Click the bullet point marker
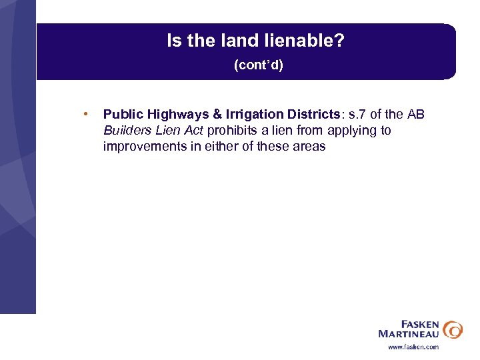click(85, 114)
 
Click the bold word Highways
click(173, 115)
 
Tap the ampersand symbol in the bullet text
click(216, 115)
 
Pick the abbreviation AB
click(415, 115)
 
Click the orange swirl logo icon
click(453, 329)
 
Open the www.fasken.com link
click(413, 347)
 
